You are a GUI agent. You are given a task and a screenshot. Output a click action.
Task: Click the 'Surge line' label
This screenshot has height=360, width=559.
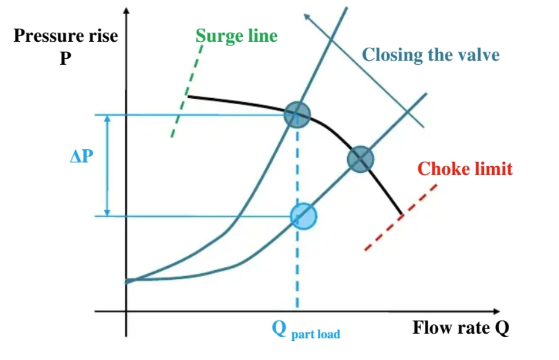(x=237, y=36)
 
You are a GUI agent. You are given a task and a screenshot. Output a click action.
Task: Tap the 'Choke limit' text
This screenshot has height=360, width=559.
(x=465, y=168)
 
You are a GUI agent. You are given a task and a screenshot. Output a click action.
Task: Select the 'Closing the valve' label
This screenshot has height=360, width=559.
(x=431, y=55)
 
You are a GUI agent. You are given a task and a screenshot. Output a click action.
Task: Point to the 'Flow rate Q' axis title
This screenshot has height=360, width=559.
(x=461, y=328)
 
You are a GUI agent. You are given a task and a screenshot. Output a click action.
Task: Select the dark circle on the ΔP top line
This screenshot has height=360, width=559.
(x=297, y=115)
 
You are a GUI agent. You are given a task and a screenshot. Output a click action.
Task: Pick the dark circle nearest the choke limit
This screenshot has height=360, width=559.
(x=360, y=159)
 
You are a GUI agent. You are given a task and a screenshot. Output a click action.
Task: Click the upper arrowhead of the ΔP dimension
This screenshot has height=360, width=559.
(x=108, y=119)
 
